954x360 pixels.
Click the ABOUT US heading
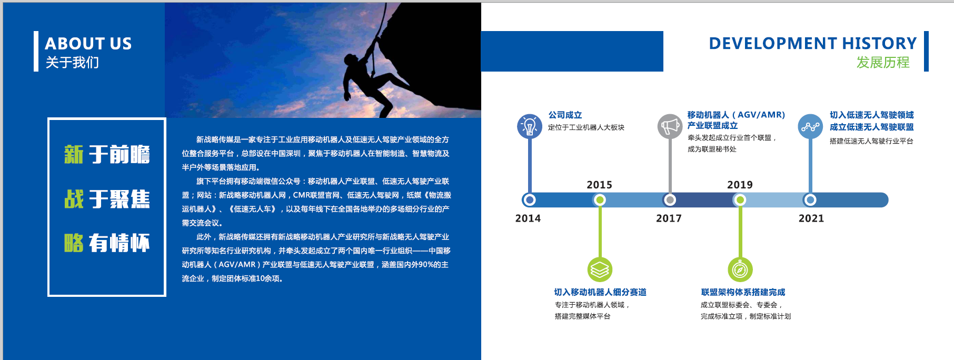pyautogui.click(x=88, y=43)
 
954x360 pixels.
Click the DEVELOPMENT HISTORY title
pyautogui.click(x=813, y=43)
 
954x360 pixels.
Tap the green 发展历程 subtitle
pyautogui.click(x=883, y=62)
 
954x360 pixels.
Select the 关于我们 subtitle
pyautogui.click(x=72, y=63)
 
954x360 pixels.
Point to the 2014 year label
pyautogui.click(x=528, y=218)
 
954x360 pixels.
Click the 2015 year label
pyautogui.click(x=600, y=185)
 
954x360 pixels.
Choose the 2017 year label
pyautogui.click(x=669, y=218)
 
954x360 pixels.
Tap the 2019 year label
pyautogui.click(x=740, y=185)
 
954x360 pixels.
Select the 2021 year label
pyautogui.click(x=811, y=218)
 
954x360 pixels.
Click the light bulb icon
pyautogui.click(x=530, y=126)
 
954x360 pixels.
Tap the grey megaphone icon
pyautogui.click(x=670, y=126)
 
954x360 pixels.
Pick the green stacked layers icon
pyautogui.click(x=600, y=270)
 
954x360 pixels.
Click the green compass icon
pyautogui.click(x=740, y=270)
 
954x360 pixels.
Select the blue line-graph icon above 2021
pyautogui.click(x=810, y=126)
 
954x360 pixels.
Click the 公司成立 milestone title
pyautogui.click(x=565, y=115)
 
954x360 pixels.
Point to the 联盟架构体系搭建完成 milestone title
pyautogui.click(x=743, y=292)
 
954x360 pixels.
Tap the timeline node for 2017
pyautogui.click(x=670, y=200)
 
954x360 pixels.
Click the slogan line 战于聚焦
pyautogui.click(x=107, y=199)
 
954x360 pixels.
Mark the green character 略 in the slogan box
pyautogui.click(x=74, y=243)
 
